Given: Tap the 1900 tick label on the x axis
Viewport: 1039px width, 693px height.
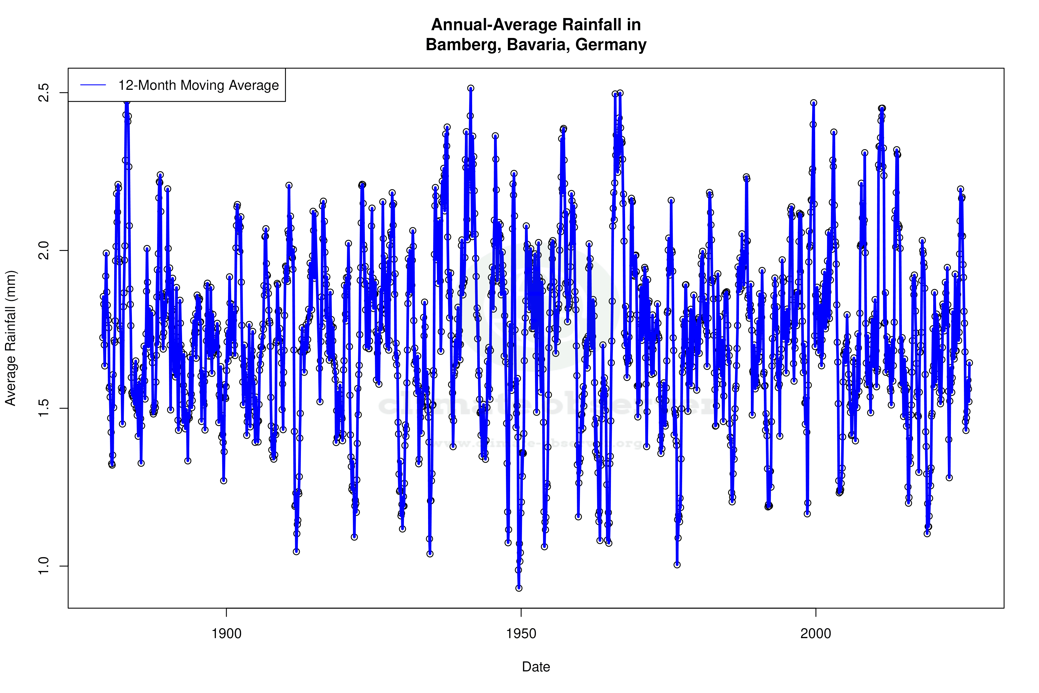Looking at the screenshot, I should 227,633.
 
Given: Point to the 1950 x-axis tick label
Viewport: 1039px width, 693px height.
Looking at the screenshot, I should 521,633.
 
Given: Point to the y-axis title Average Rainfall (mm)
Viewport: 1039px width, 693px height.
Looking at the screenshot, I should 11,338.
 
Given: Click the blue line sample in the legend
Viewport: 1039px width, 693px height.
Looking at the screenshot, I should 93,85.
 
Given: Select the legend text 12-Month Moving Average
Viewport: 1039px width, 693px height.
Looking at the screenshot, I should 198,85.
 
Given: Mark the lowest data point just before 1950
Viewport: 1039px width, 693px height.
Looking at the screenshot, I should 519,588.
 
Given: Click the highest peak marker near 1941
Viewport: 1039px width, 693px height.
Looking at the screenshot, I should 471,88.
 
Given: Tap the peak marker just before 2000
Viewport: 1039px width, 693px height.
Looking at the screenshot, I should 814,103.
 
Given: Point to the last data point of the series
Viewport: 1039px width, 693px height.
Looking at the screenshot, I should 970,363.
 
